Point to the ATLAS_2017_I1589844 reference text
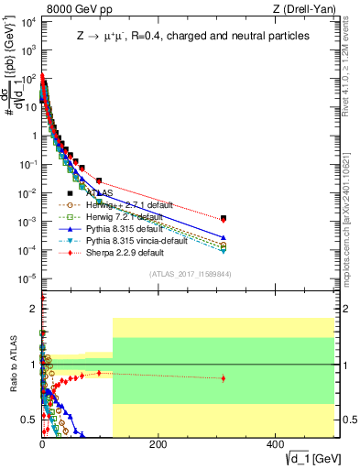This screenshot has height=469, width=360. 196,273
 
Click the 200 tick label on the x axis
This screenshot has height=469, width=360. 158,444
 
